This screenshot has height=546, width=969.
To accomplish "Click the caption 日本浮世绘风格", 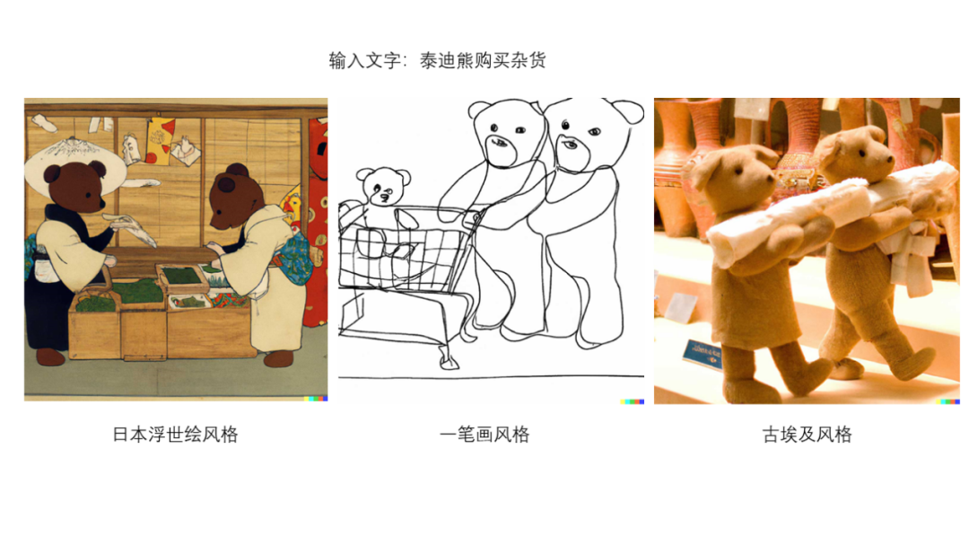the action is click(x=176, y=435).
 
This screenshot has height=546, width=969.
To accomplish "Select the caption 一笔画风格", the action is click(x=484, y=435).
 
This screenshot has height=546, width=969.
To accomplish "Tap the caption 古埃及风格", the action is click(x=807, y=435).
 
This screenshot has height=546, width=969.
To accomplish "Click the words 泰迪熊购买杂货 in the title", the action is click(x=483, y=60).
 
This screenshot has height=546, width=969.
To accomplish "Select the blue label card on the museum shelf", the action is click(x=703, y=354).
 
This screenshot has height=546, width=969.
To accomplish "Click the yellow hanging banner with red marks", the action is click(x=160, y=142).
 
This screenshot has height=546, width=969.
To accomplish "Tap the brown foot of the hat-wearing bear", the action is click(x=50, y=357).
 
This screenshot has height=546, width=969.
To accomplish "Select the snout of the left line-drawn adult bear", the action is click(x=501, y=148).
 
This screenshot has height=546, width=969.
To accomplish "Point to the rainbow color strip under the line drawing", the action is click(x=633, y=401).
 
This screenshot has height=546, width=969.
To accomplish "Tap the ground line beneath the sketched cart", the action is click(x=492, y=376).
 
